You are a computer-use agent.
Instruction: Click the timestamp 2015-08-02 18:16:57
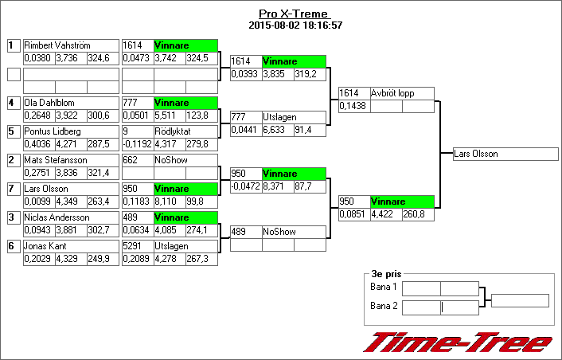click(x=295, y=25)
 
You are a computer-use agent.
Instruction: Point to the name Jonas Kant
click(x=46, y=246)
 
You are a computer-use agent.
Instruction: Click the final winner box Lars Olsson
click(x=476, y=154)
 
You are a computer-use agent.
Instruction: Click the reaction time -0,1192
click(x=136, y=144)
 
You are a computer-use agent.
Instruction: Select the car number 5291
click(x=133, y=246)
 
